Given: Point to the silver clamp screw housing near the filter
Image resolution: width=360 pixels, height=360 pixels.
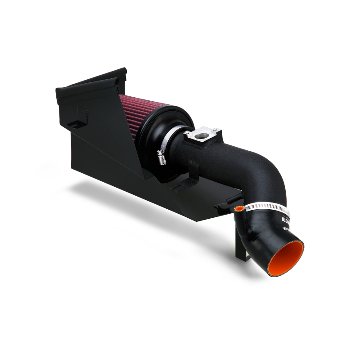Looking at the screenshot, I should coord(161,156).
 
